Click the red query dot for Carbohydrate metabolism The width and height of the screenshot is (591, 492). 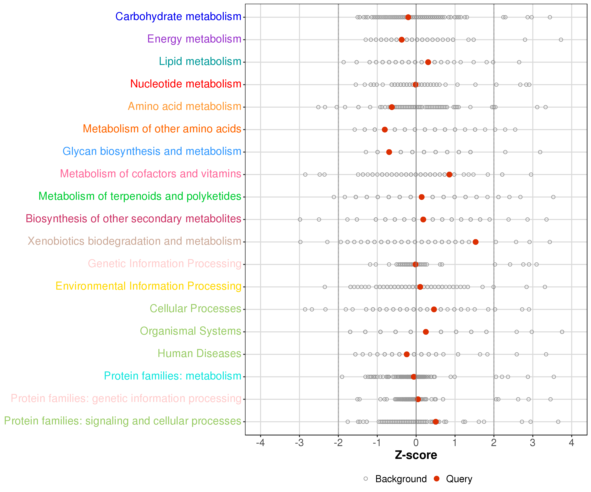408,17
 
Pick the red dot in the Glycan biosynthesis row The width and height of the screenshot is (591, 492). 389,152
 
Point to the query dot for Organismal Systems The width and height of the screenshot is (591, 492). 426,332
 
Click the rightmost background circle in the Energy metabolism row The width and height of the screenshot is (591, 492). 561,40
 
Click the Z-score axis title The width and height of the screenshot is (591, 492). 416,455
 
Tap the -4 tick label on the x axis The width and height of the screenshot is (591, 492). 260,443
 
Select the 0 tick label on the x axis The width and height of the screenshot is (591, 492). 416,443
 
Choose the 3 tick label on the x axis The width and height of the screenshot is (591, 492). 532,443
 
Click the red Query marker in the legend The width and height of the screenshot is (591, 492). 437,479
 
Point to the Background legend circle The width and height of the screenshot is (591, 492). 366,479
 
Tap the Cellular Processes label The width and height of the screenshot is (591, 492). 195,308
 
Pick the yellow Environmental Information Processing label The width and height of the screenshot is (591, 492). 149,286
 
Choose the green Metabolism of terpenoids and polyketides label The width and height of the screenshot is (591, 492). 140,196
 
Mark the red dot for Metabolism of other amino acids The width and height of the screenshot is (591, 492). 385,130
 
